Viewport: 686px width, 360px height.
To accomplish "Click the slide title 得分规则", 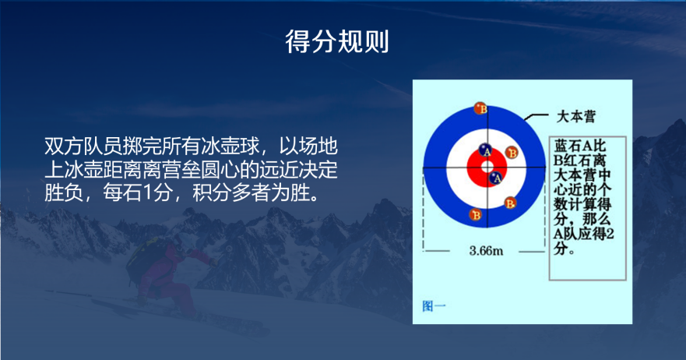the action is click(337, 42).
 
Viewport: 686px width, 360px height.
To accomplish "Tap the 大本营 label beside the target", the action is click(575, 117).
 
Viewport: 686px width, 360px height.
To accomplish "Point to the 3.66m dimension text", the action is click(486, 250).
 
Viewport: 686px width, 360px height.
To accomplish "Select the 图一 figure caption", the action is click(434, 305).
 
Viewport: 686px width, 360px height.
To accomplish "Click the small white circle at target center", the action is click(487, 167).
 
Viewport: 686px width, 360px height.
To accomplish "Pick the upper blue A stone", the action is click(485, 150).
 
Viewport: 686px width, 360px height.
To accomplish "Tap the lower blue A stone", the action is click(496, 178).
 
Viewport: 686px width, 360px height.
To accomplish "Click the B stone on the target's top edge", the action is click(480, 108).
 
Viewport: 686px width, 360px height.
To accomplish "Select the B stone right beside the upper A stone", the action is click(512, 153).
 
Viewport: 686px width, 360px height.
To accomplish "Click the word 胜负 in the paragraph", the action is click(64, 192).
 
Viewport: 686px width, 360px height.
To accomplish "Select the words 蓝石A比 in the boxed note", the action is click(580, 146).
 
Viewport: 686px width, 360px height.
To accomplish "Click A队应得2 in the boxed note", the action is click(584, 234).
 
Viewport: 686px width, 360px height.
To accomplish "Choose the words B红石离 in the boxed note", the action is click(580, 161).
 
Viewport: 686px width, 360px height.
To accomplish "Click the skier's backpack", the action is click(144, 259).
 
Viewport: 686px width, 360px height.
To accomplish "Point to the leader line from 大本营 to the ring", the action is click(536, 116).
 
